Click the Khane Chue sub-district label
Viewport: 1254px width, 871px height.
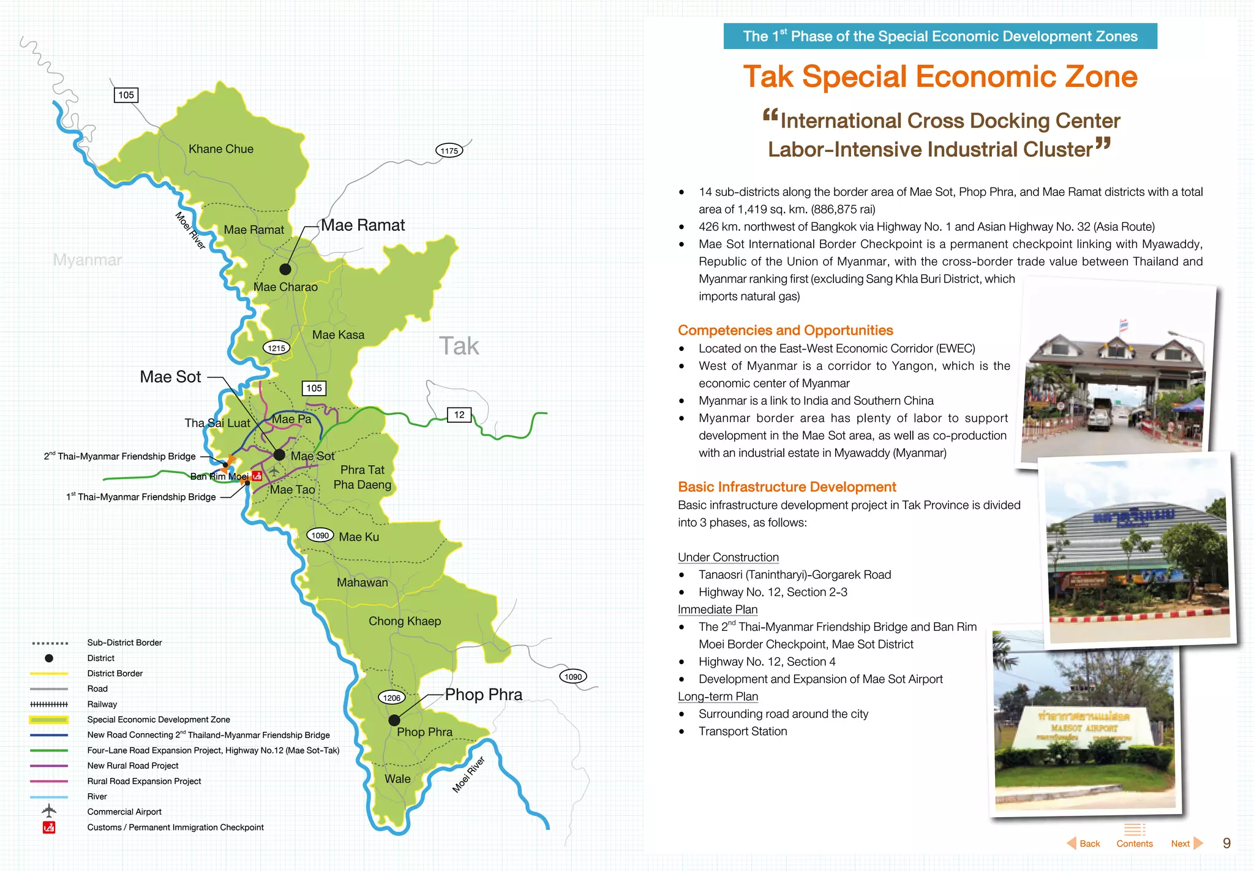220,149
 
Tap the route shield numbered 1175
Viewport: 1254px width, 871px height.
449,151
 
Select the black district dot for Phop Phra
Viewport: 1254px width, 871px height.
394,720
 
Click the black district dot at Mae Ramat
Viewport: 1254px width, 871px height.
285,269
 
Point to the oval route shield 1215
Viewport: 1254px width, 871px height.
276,348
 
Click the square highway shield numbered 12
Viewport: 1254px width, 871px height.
459,415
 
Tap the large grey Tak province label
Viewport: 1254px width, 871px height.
459,346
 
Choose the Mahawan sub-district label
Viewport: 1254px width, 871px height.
362,583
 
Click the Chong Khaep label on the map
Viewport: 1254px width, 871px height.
404,621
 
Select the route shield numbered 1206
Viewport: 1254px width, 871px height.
391,698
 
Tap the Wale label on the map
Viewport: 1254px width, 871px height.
397,779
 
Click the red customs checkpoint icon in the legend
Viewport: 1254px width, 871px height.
49,828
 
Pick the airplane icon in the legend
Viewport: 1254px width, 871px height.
49,811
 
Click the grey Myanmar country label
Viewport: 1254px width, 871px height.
88,260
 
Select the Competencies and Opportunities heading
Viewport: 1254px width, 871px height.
785,330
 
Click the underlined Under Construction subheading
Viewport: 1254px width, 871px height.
728,557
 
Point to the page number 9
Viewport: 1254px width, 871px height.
1226,843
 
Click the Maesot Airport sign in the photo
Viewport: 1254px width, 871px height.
1084,728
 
